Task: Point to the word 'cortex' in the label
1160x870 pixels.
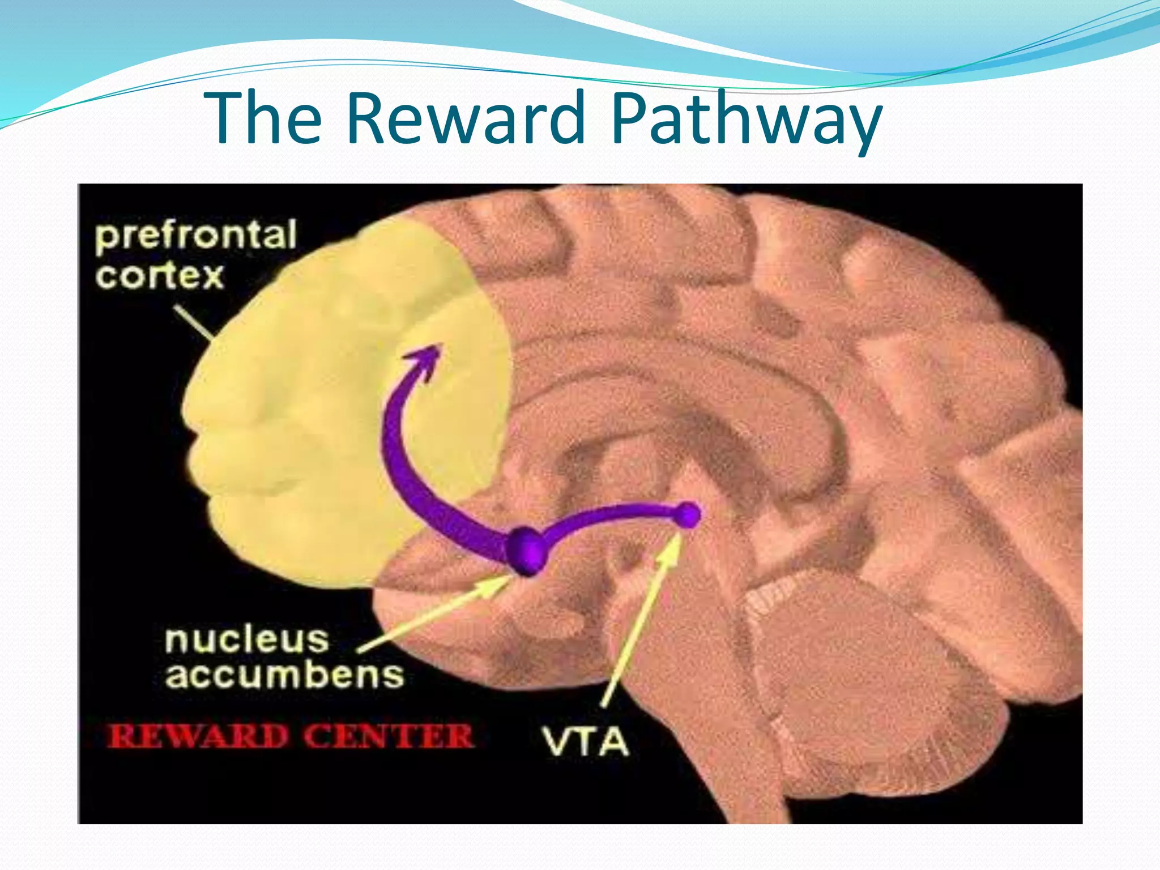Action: [x=160, y=276]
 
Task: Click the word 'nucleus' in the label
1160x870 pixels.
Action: [x=247, y=639]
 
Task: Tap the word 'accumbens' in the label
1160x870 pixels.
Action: [x=284, y=675]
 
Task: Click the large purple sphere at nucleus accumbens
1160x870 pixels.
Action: [x=527, y=549]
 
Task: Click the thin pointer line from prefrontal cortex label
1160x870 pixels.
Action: [x=193, y=323]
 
